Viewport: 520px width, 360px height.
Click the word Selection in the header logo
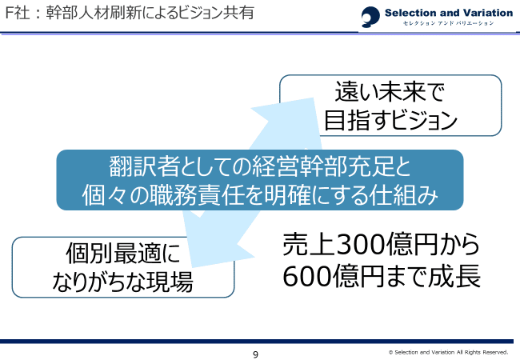[411, 12]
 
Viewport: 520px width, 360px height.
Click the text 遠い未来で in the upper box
[390, 90]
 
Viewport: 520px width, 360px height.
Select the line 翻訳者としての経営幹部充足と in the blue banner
[260, 166]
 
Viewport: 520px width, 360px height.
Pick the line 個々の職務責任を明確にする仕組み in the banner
[260, 194]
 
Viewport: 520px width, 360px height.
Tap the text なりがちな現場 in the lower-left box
[123, 282]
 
